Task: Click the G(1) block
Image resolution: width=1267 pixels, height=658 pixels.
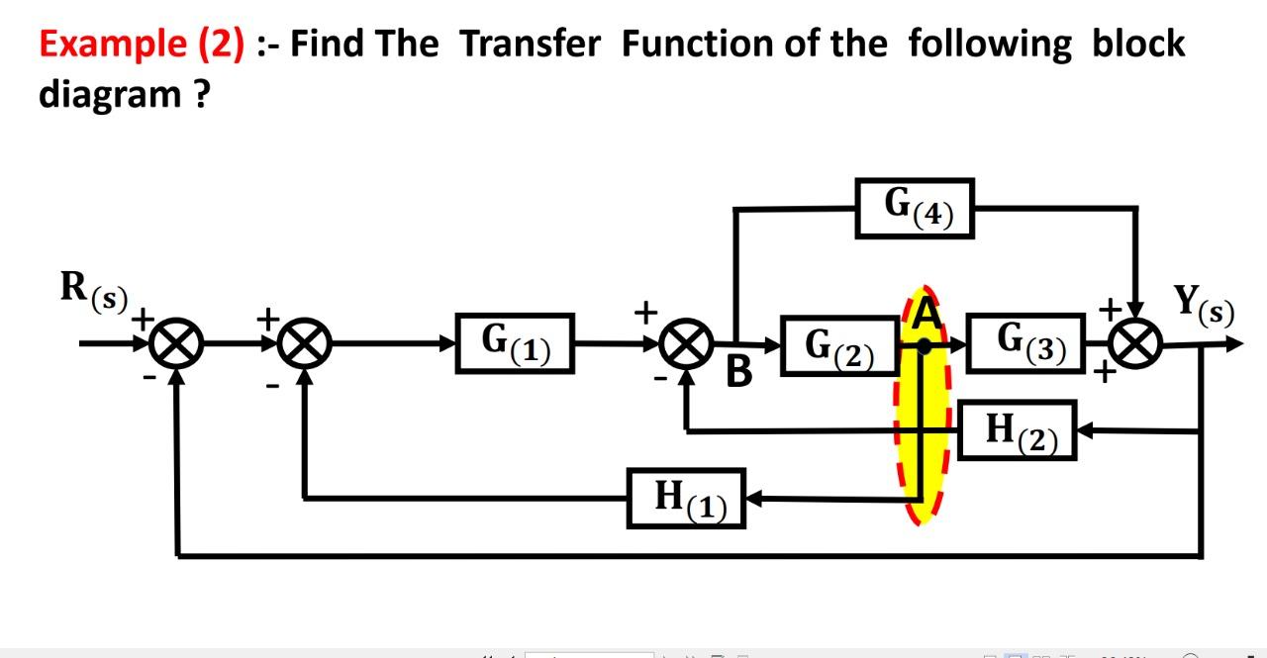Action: [515, 342]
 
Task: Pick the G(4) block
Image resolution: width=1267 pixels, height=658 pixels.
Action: [915, 208]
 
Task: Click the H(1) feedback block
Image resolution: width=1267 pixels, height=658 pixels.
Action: [686, 498]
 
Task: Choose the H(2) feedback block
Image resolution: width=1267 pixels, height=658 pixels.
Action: [1017, 430]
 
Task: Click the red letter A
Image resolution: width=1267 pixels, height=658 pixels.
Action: [925, 315]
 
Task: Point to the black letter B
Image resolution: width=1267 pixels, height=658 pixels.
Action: [739, 373]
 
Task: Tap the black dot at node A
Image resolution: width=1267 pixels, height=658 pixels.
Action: [924, 346]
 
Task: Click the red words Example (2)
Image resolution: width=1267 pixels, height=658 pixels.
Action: [142, 45]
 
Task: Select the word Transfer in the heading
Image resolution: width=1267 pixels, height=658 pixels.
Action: [530, 45]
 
